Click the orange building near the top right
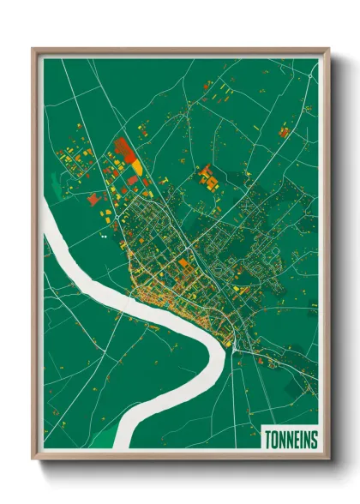tap(283, 132)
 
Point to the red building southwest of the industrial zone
tap(93, 199)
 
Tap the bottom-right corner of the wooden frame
tap(328, 459)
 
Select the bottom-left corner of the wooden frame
tap(33, 459)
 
